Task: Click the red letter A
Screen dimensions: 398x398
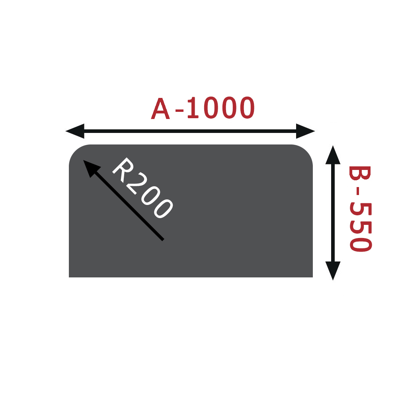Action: coord(160,108)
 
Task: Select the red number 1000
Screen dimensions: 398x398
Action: coord(221,107)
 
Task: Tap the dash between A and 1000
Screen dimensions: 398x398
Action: coord(179,110)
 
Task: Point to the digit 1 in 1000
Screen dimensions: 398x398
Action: coord(193,107)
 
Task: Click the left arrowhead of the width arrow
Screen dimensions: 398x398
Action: coord(75,131)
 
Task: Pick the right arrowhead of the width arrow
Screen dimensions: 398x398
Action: coord(306,131)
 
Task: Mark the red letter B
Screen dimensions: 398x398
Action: coord(360,173)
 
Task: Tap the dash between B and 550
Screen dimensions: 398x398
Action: coord(358,191)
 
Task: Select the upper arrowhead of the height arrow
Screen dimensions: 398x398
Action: coord(333,155)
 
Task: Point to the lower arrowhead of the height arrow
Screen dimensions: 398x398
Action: coord(333,271)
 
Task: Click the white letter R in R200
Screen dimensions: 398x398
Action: coord(123,170)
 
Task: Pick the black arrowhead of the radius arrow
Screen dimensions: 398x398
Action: coord(91,168)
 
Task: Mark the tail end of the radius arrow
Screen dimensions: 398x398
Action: coord(163,240)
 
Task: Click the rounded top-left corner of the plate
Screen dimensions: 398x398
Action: coord(75,151)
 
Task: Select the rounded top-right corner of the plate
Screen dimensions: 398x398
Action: coord(306,151)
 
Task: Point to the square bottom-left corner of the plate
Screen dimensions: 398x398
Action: coord(69,277)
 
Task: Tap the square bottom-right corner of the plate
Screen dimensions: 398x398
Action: coord(313,277)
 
